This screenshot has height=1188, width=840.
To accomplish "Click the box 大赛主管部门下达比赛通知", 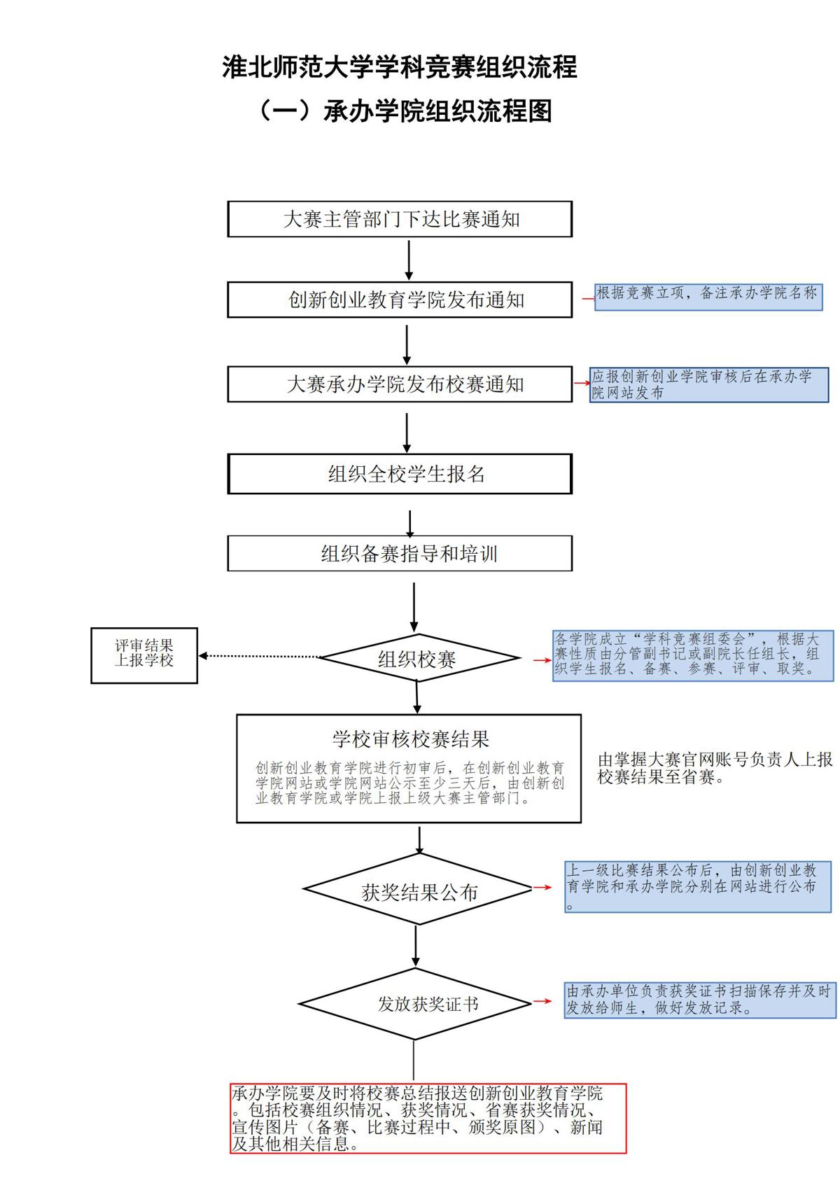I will point(400,219).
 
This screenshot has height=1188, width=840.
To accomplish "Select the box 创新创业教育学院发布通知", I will point(400,300).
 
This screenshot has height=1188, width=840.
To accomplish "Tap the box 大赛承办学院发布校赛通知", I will point(400,384).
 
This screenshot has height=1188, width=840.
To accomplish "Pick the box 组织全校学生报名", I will point(400,474).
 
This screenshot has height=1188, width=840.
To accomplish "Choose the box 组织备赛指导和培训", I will point(400,554).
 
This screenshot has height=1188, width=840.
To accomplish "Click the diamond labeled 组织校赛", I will point(418,658).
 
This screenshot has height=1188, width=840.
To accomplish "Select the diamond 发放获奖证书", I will point(416,1003).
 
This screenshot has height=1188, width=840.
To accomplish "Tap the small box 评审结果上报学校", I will point(144,655).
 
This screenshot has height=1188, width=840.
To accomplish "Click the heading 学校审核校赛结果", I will point(410,739).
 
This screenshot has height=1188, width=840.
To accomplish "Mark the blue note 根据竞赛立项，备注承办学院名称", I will point(708,295).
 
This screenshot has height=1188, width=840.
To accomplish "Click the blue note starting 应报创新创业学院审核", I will point(709,385).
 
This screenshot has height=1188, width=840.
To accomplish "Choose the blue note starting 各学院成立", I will point(693,655).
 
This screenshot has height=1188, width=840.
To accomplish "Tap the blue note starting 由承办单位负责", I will point(700,1000).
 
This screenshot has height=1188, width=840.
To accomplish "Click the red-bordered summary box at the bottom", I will point(428,1118).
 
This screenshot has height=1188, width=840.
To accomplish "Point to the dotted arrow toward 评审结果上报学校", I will point(259,656).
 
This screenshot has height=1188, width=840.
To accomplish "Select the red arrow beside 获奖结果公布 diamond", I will point(542,887).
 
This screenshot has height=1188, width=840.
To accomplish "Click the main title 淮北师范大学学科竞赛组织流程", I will point(400,67).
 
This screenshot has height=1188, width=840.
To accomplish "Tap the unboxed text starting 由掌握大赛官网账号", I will point(715,768).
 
